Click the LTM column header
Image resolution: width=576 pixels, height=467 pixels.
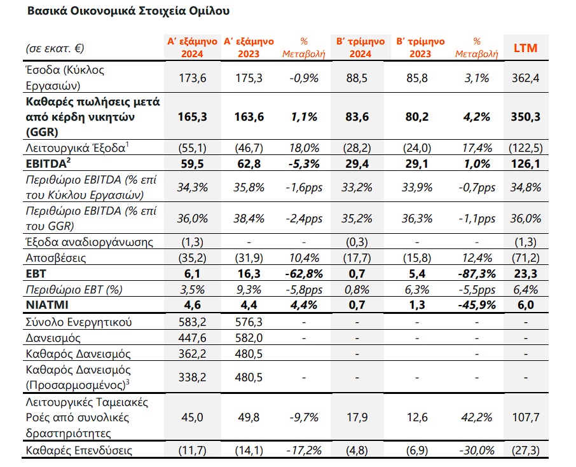pos(525,48)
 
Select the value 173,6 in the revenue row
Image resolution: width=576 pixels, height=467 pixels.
pos(192,78)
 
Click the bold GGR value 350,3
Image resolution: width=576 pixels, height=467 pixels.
pos(525,117)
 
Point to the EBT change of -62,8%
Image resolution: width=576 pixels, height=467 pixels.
pos(303,274)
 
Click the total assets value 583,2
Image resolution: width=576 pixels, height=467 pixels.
pos(192,322)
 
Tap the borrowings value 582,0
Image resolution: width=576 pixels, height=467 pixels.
pos(249,338)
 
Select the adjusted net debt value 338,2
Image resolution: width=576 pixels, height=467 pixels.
pos(192,377)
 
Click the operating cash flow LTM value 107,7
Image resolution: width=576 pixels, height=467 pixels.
pos(525,417)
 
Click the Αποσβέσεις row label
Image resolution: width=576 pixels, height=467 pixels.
pos(56,258)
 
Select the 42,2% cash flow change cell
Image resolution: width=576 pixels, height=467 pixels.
pos(476,417)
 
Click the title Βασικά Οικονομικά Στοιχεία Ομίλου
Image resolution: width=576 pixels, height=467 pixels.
pos(128,11)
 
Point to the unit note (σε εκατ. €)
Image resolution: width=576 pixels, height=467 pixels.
pos(55,48)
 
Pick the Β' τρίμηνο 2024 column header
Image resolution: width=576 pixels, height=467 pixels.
pos(360,48)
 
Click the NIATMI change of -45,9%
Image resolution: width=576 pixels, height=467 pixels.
pos(476,305)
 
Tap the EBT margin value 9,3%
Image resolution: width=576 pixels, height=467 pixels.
pos(249,290)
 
